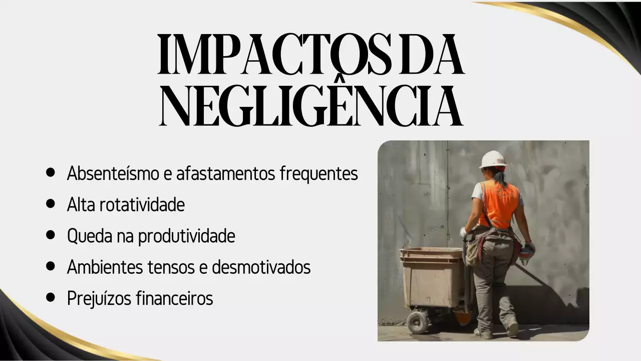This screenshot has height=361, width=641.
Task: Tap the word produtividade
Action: point(186,236)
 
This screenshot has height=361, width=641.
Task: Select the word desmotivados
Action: point(261,267)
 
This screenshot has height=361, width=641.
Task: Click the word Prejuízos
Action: point(99,298)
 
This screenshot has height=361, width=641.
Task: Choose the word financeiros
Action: point(174,298)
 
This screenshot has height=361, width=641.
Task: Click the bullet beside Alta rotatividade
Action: point(50,204)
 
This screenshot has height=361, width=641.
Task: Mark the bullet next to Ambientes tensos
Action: point(50,266)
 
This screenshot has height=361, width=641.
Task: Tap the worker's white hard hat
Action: point(493,159)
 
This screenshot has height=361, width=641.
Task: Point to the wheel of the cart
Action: point(417,322)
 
